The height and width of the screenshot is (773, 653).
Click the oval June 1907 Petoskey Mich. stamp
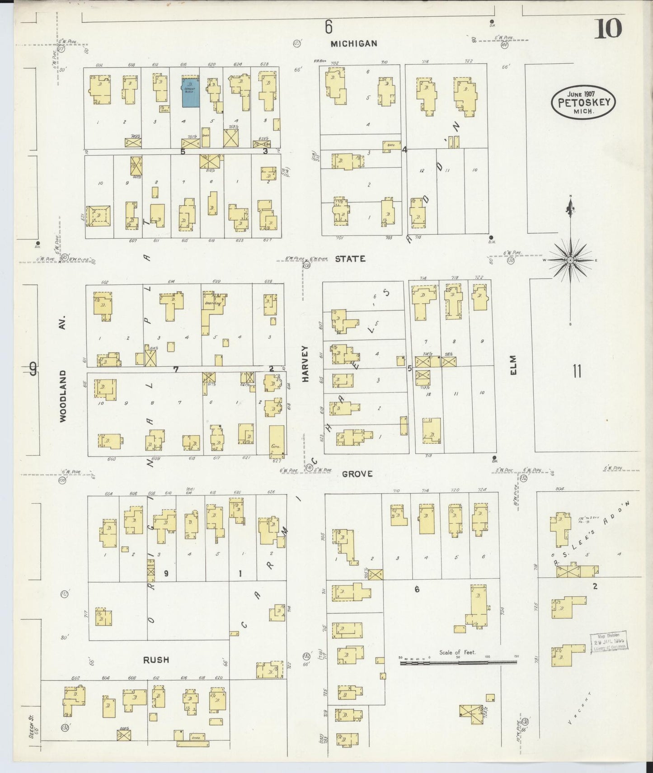(x=583, y=103)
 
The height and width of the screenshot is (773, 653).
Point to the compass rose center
(x=570, y=260)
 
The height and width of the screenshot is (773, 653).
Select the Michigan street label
(x=354, y=43)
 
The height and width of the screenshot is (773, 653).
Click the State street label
(x=350, y=259)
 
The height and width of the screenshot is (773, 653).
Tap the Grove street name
(x=357, y=474)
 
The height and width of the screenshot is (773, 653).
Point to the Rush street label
(x=156, y=660)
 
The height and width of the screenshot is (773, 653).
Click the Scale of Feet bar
(x=458, y=662)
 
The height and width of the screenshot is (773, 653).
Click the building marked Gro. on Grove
(x=277, y=440)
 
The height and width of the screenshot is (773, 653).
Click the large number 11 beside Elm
(x=577, y=372)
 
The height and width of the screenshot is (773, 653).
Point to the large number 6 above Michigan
(x=329, y=28)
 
